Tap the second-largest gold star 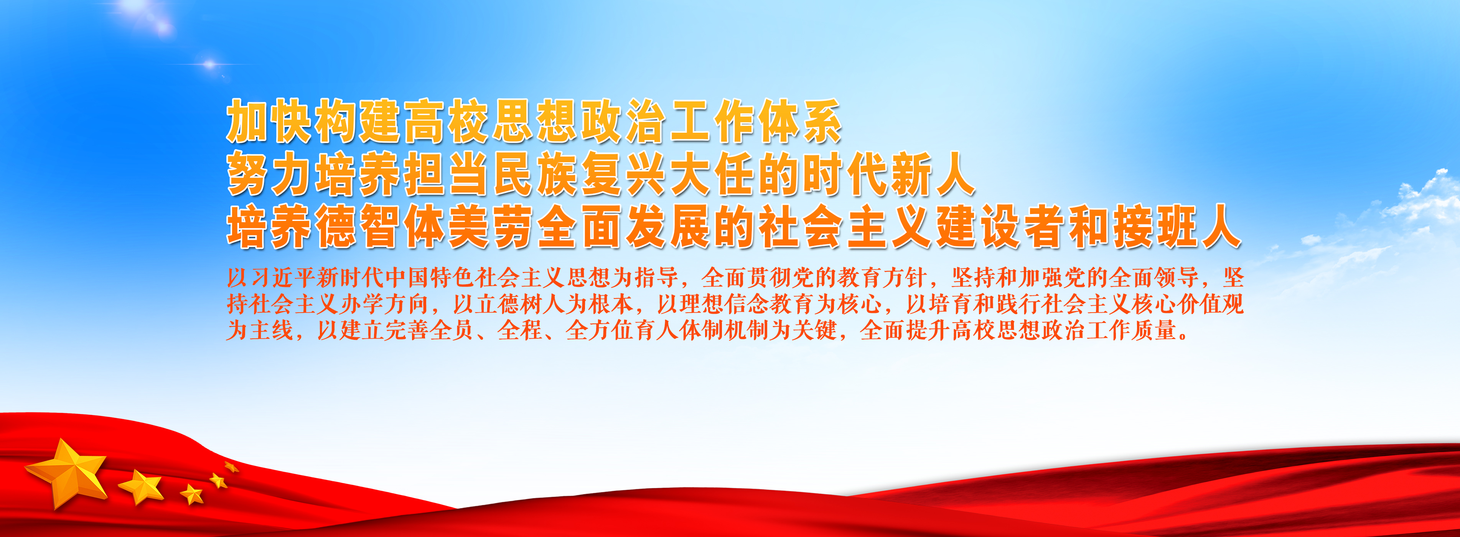(141, 486)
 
